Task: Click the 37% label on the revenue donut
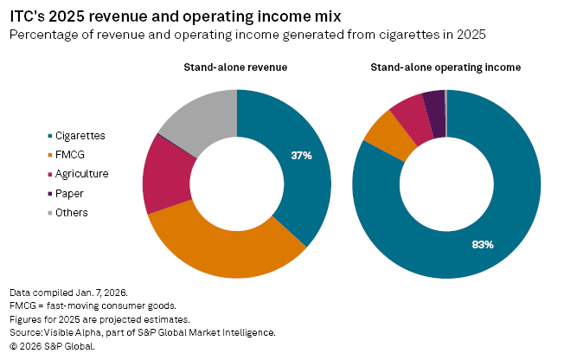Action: (301, 156)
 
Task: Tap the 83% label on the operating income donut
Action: (483, 245)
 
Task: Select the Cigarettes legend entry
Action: (80, 136)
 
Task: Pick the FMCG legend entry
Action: (70, 155)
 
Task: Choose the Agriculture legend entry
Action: (81, 174)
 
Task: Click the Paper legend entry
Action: (69, 193)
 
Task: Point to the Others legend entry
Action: (71, 212)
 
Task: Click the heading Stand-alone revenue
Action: (235, 67)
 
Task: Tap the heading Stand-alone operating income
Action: (446, 67)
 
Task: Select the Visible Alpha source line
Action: (143, 332)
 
